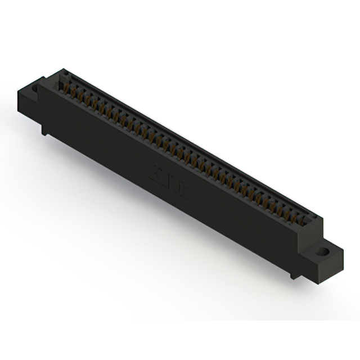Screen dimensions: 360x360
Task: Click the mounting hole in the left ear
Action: (34, 89)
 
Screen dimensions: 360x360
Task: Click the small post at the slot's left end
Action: (62, 79)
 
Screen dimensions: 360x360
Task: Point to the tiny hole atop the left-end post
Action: (63, 73)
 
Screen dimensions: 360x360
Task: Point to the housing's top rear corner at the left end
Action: (62, 69)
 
